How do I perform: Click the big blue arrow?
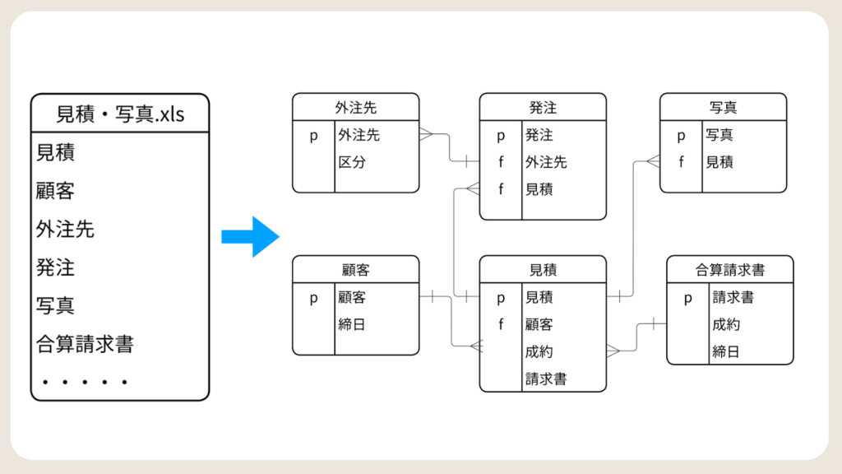pyautogui.click(x=251, y=237)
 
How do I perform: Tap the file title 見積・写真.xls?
pyautogui.click(x=120, y=114)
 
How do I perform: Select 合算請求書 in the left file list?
pyautogui.click(x=85, y=343)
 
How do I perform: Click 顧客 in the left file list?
pyautogui.click(x=56, y=191)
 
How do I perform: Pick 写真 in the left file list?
pyautogui.click(x=56, y=305)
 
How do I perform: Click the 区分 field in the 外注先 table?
pyautogui.click(x=352, y=162)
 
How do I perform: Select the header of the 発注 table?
pyautogui.click(x=543, y=107)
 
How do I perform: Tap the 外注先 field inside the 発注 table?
pyautogui.click(x=546, y=162)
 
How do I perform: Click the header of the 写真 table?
pyautogui.click(x=723, y=107)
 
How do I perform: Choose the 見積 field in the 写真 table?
pyautogui.click(x=719, y=162)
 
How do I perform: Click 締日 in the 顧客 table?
pyautogui.click(x=352, y=324)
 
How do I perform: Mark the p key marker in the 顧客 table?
pyautogui.click(x=313, y=298)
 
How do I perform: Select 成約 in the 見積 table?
pyautogui.click(x=539, y=351)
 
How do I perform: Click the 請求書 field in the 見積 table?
pyautogui.click(x=546, y=379)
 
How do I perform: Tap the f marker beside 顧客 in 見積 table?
pyautogui.click(x=500, y=324)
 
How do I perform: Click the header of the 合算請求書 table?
pyautogui.click(x=729, y=269)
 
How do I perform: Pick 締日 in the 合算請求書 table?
pyautogui.click(x=726, y=351)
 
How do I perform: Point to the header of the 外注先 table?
pyautogui.click(x=355, y=107)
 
